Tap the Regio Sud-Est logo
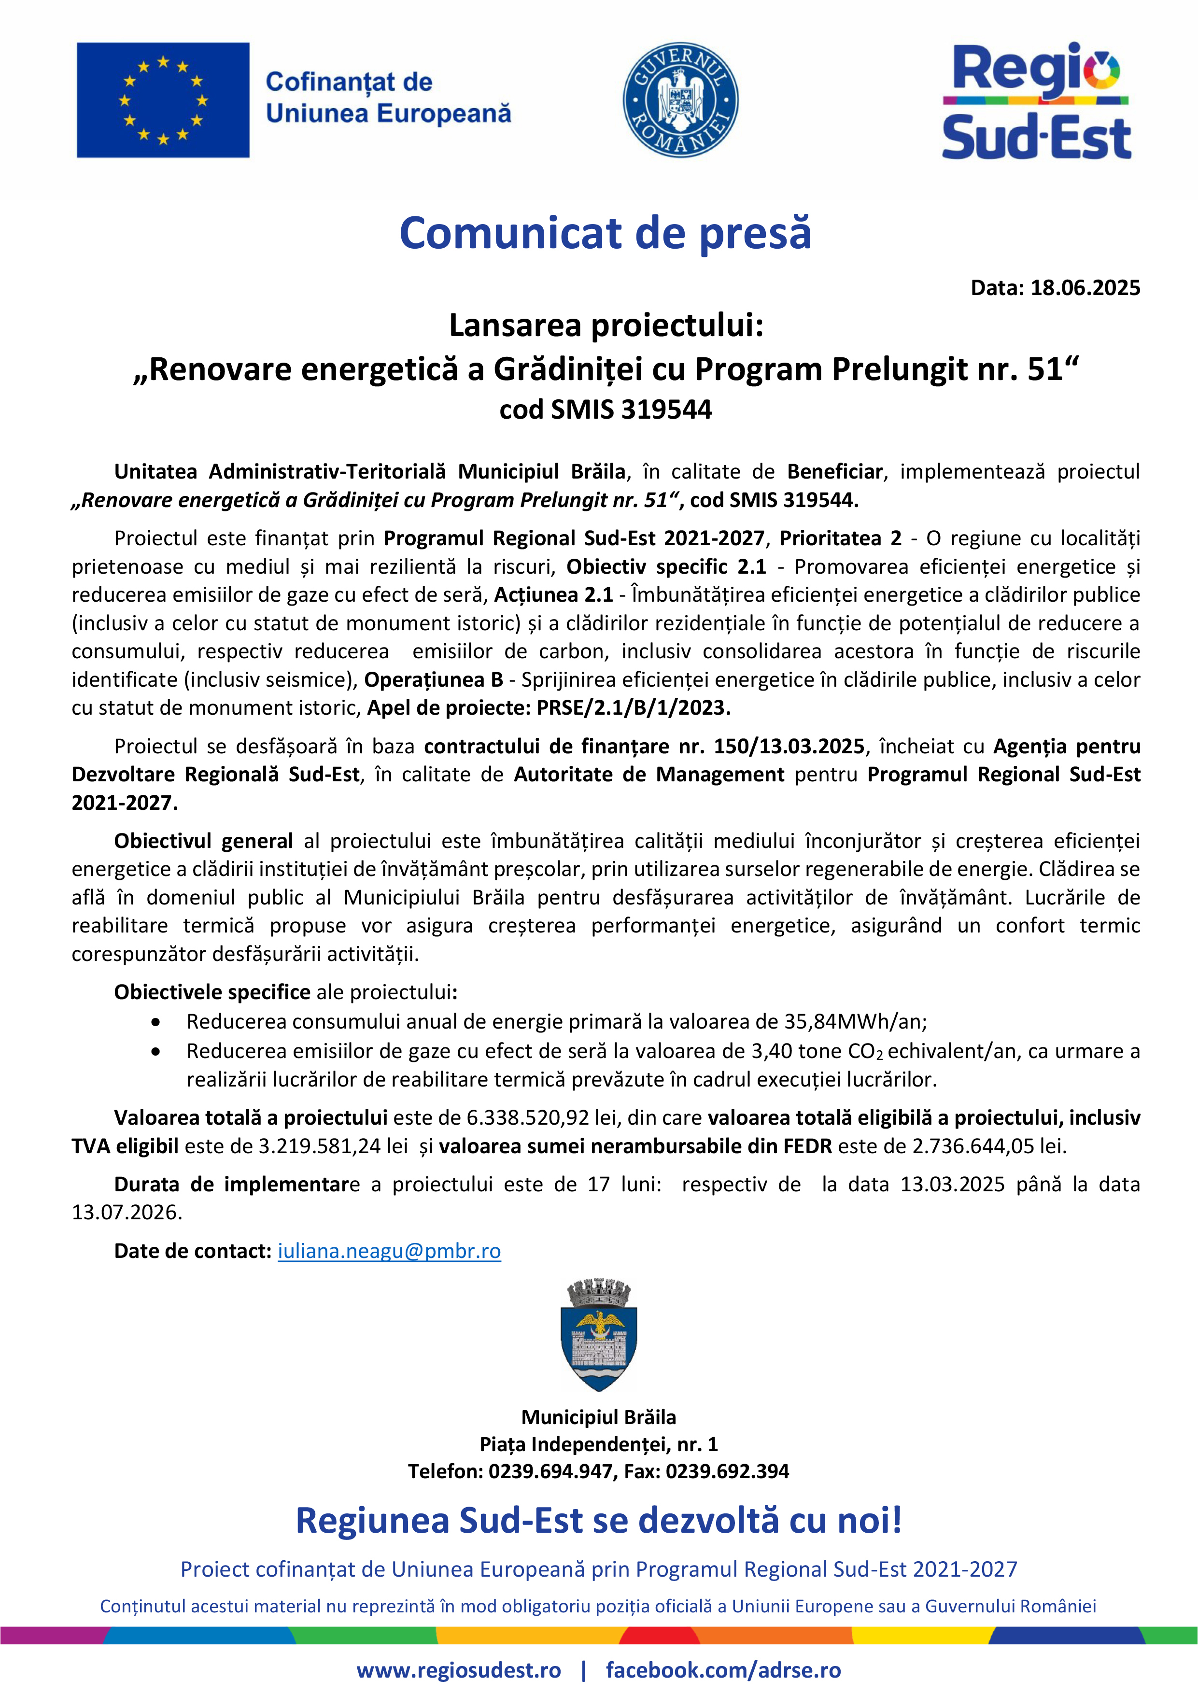[x=1036, y=101]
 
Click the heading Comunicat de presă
[x=605, y=233]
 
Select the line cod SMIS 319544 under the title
[x=605, y=409]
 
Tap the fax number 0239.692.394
[x=727, y=1471]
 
